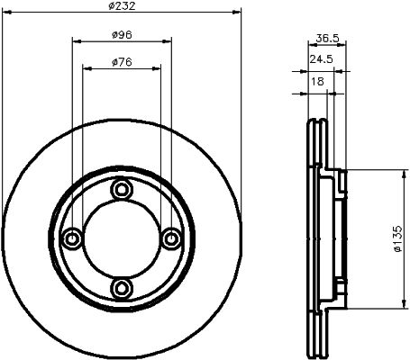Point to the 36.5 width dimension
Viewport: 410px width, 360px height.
[328, 38]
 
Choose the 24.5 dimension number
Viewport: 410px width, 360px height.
[322, 58]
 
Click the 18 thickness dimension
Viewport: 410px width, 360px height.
[317, 81]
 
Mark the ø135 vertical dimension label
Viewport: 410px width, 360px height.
[396, 238]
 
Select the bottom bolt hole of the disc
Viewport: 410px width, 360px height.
[122, 287]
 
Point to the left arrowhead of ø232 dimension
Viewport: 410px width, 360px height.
[6, 13]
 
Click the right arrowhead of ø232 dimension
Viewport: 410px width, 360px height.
[238, 13]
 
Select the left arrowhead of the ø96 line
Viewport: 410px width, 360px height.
[75, 41]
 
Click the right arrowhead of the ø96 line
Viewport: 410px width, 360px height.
[169, 41]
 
